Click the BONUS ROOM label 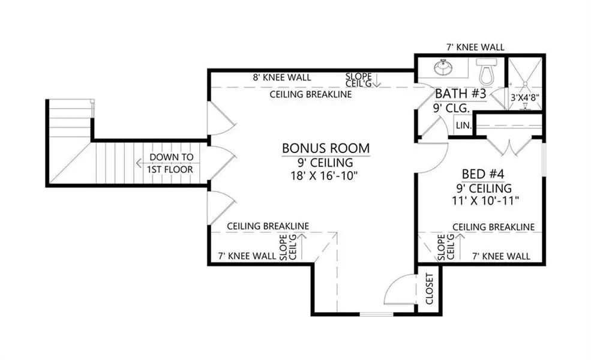pos(326,148)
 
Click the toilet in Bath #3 pos(485,72)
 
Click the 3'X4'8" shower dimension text pos(525,97)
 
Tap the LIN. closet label pos(463,125)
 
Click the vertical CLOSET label pos(430,289)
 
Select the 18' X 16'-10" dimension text pos(326,176)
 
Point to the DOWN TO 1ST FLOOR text pos(172,163)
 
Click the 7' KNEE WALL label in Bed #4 pos(501,256)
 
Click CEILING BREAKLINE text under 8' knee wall pos(311,95)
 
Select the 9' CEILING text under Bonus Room pos(326,162)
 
